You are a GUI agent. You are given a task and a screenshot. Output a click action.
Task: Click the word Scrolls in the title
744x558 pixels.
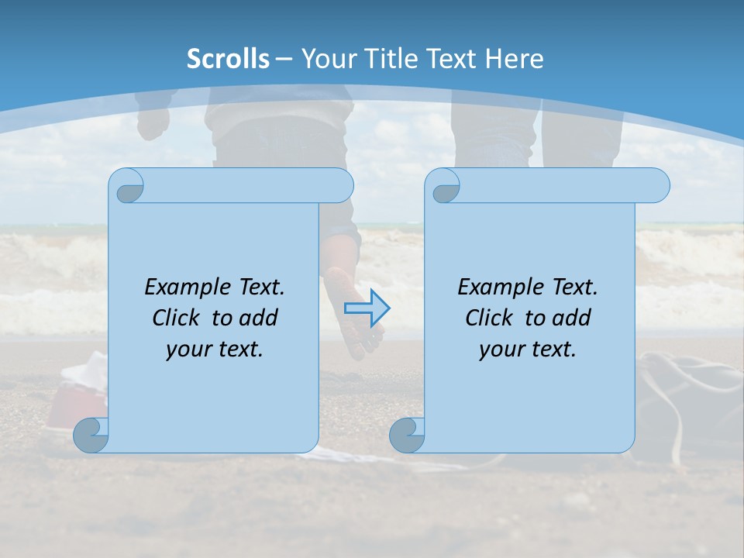(228, 59)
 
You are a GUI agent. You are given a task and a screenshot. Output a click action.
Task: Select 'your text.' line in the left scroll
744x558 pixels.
(215, 349)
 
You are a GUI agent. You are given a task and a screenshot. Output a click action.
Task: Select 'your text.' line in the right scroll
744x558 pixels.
(528, 349)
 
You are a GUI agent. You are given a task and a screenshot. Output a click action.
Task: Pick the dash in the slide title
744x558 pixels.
(284, 59)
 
